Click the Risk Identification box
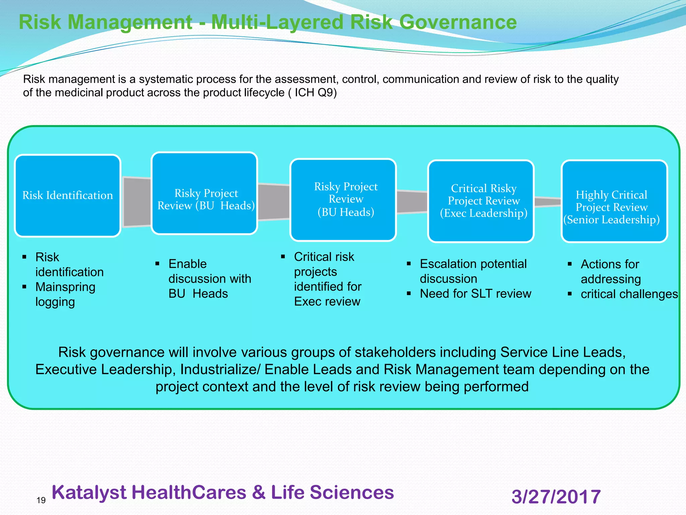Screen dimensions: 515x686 67,196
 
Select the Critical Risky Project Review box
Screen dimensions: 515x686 481,201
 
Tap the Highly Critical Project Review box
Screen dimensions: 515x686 614,201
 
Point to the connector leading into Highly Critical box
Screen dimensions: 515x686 547,202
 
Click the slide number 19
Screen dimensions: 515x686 41,500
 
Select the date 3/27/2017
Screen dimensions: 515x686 556,497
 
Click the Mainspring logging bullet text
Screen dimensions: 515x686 65,294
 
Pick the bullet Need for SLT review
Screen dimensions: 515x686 475,294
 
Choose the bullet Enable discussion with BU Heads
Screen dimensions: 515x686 209,279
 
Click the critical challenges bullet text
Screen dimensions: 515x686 629,294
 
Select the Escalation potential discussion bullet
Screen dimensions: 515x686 473,271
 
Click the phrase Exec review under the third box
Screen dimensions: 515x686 327,301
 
